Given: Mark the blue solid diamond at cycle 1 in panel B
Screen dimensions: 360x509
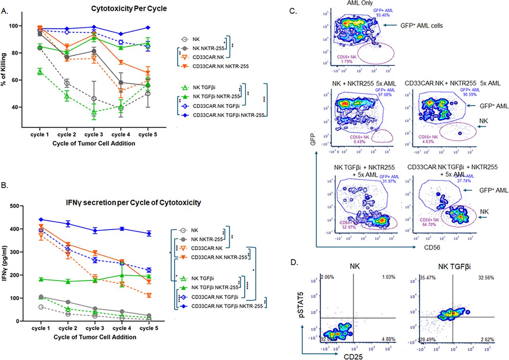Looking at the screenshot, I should coord(41,219).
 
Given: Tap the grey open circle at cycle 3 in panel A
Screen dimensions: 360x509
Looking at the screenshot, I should coord(93,98).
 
